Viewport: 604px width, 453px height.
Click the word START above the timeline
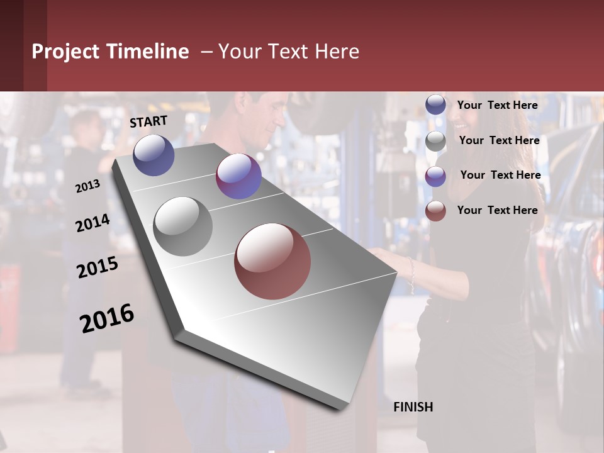click(x=148, y=121)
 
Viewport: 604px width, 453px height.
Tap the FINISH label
click(x=413, y=407)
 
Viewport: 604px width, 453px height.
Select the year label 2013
click(x=87, y=186)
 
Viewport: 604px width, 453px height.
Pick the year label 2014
click(x=92, y=223)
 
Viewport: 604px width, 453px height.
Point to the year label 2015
click(x=98, y=267)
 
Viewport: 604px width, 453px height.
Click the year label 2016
click(x=107, y=318)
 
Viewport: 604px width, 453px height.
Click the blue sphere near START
click(x=154, y=155)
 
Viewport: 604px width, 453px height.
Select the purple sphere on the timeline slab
click(x=238, y=176)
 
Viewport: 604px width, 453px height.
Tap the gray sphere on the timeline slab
click(x=182, y=226)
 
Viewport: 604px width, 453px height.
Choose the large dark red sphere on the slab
click(x=272, y=261)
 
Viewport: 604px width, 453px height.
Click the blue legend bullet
click(x=435, y=104)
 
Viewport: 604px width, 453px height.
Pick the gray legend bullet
click(x=435, y=142)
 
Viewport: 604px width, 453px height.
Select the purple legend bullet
click(x=435, y=177)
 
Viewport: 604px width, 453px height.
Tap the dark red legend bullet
click(x=435, y=211)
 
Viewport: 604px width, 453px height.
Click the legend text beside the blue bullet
click(x=497, y=105)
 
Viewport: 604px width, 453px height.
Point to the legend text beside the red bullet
click(x=497, y=210)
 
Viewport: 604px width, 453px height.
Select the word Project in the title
click(x=66, y=52)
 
